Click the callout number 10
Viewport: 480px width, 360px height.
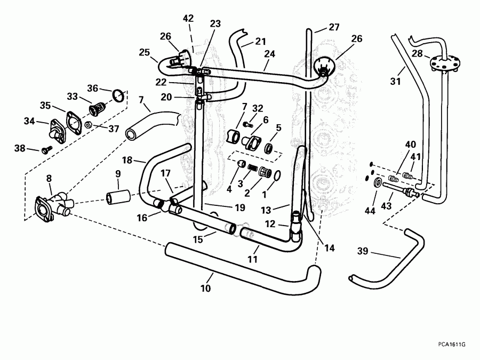206,289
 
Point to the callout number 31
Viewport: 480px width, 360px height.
395,81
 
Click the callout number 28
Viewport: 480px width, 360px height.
417,53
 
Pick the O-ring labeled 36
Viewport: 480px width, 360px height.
119,96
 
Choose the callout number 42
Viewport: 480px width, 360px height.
188,18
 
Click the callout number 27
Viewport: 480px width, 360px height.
334,27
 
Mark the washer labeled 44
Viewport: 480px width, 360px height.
378,184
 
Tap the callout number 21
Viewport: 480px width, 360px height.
260,41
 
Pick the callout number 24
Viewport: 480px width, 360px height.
270,53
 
